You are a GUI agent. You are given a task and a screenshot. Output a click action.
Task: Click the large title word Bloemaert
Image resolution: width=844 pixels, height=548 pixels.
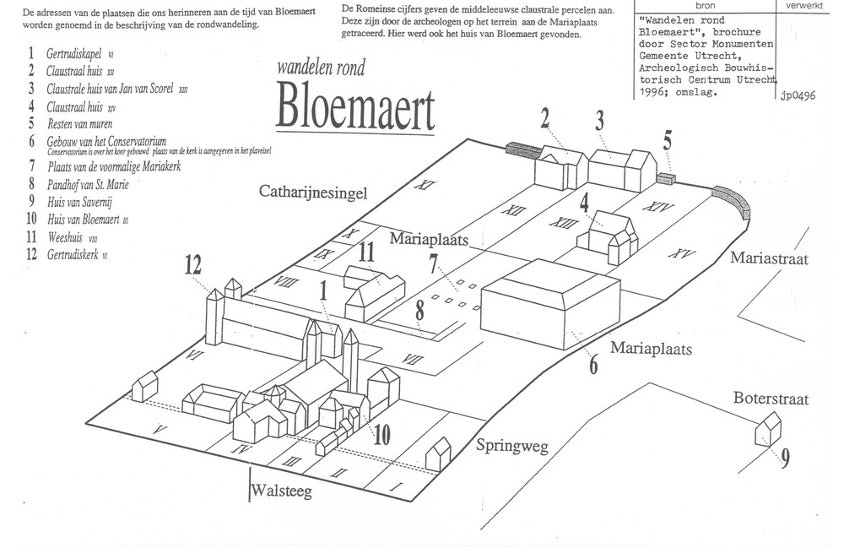pyautogui.click(x=354, y=109)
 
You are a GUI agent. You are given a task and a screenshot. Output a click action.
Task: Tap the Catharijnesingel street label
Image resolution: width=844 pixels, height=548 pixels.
pyautogui.click(x=313, y=194)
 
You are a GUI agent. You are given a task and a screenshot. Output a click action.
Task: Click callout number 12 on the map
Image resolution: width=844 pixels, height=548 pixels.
pyautogui.click(x=193, y=267)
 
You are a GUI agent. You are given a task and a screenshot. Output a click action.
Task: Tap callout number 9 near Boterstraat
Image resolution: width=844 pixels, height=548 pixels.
pyautogui.click(x=785, y=459)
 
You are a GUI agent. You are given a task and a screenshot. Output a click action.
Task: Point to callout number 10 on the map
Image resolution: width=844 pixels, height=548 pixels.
pyautogui.click(x=381, y=436)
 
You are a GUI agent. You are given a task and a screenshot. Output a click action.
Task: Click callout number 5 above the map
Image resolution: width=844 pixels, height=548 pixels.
pyautogui.click(x=668, y=139)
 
